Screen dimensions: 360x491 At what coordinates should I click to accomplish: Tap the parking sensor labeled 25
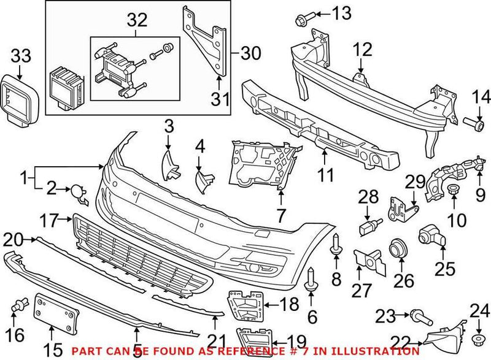pyautogui.click(x=430, y=234)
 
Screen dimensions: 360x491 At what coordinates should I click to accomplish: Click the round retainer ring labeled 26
pyautogui.click(x=396, y=248)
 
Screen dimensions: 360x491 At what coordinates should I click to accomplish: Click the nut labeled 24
pyautogui.click(x=476, y=339)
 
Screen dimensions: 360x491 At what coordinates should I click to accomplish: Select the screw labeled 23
pyautogui.click(x=423, y=317)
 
